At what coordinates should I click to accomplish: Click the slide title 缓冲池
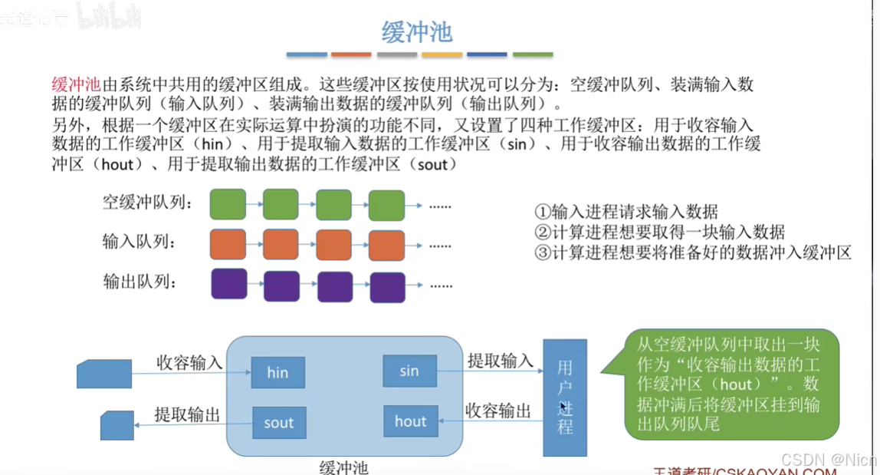click(417, 31)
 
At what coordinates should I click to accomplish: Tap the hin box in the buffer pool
click(277, 372)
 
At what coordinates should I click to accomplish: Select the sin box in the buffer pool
click(409, 371)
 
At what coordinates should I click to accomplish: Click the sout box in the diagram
click(278, 423)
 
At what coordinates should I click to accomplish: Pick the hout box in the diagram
click(410, 421)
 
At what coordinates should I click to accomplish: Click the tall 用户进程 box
click(565, 397)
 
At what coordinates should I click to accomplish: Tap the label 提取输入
click(500, 360)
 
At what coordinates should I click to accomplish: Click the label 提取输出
click(187, 415)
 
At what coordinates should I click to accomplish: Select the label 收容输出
click(498, 411)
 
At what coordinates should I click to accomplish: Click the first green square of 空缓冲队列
click(228, 205)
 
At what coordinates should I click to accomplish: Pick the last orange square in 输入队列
click(386, 245)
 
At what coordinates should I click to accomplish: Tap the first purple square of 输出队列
click(228, 284)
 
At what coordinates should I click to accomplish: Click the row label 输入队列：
click(144, 243)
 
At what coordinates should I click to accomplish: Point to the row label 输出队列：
click(144, 282)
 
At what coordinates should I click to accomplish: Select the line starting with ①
click(626, 212)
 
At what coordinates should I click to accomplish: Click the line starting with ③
click(693, 252)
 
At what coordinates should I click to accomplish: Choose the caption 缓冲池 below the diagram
click(343, 467)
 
